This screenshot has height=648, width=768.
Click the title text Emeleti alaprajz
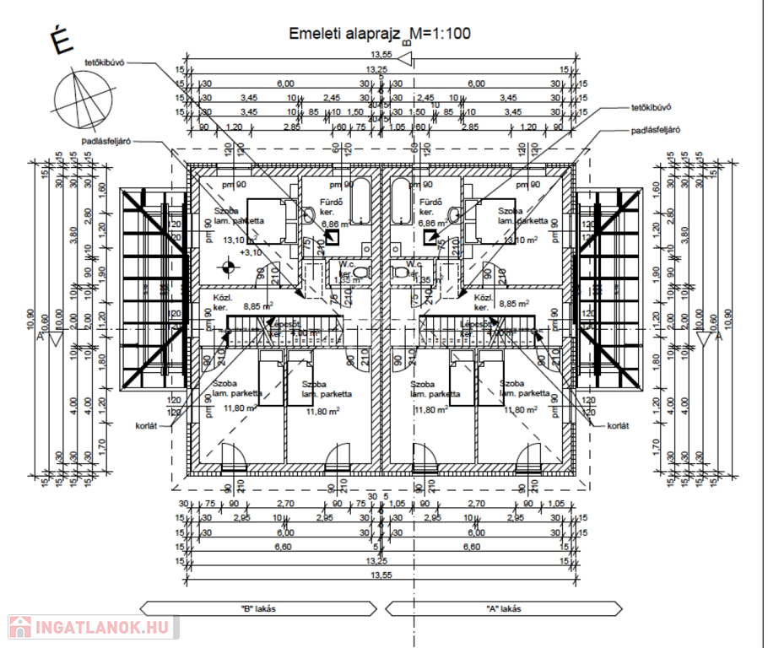pyautogui.click(x=345, y=34)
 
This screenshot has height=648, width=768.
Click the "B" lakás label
pyautogui.click(x=252, y=608)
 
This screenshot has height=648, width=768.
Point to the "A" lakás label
pyautogui.click(x=504, y=608)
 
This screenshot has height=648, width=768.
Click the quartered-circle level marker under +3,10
pyautogui.click(x=227, y=269)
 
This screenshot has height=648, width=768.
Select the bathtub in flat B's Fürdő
pyautogui.click(x=360, y=202)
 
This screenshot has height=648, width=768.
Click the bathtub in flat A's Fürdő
pyautogui.click(x=402, y=202)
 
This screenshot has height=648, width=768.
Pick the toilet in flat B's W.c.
pyautogui.click(x=361, y=272)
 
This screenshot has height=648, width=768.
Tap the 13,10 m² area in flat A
pyautogui.click(x=517, y=240)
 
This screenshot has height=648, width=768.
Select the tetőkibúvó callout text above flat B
pyautogui.click(x=104, y=63)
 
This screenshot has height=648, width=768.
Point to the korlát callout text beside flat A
pyautogui.click(x=618, y=426)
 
